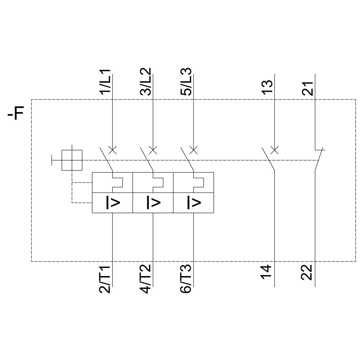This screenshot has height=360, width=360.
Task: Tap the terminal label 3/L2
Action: coord(146,82)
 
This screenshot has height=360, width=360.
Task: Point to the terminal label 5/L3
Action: coord(186,82)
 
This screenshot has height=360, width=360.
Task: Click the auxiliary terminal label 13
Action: coord(267,87)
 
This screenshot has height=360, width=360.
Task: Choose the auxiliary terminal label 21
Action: coord(308,87)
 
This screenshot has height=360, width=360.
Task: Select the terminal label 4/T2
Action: coord(146,279)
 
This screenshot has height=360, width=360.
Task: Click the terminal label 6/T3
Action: coord(186,279)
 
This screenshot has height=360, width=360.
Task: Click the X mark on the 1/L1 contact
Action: coord(113,150)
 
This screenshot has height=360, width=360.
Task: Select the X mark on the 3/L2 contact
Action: coord(153,150)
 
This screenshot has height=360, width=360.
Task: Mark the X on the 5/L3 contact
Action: coord(193,150)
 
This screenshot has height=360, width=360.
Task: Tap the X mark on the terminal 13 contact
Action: coord(274,150)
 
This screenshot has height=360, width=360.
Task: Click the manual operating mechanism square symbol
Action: coord(72,160)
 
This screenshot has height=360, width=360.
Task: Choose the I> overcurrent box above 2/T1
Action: coord(112,203)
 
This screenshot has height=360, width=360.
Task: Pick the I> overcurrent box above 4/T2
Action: coord(153,203)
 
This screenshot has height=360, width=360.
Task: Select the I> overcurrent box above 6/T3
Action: coord(193,203)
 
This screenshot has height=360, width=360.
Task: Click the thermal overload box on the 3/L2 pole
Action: coord(153,183)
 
